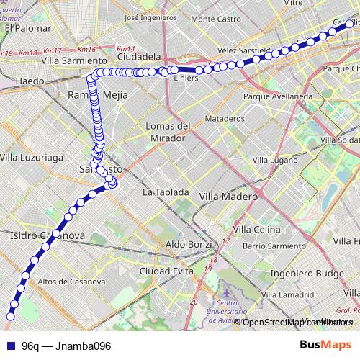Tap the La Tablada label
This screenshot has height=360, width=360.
166,192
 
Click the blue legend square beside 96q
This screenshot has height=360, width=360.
10,346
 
